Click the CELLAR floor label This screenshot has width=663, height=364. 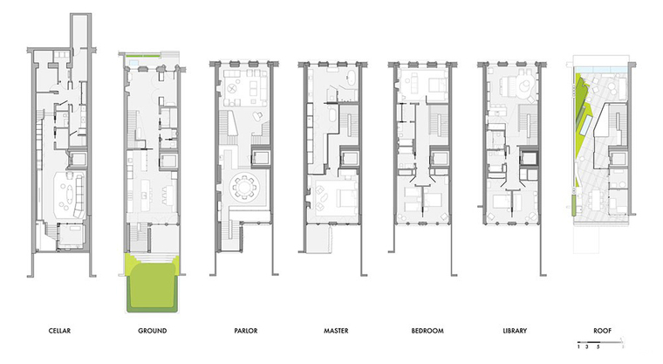tap(59, 331)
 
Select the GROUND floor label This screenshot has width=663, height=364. tap(152, 331)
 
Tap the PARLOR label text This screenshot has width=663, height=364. tap(246, 331)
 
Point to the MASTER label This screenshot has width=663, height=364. tap(336, 331)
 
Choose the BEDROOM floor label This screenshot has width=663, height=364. tap(427, 331)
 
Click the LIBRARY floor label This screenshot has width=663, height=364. tap(515, 331)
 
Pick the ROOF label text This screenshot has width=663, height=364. tap(603, 331)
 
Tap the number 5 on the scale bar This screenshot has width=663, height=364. tap(598, 347)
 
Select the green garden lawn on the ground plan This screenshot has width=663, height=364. tap(152, 285)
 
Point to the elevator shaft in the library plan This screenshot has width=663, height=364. tap(529, 158)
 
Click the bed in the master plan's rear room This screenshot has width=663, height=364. tap(345, 196)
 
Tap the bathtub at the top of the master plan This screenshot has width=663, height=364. tap(352, 77)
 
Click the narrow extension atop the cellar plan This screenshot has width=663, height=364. tap(81, 31)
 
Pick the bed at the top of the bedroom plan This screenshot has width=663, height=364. tap(437, 86)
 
